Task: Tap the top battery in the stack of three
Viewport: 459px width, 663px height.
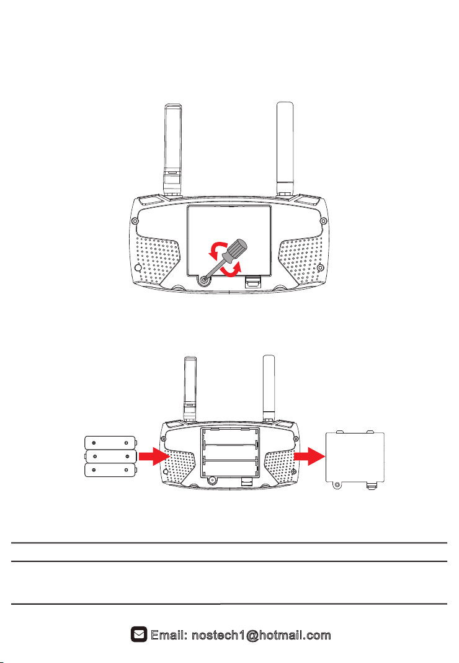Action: (x=109, y=443)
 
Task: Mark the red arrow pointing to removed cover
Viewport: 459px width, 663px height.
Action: (x=308, y=457)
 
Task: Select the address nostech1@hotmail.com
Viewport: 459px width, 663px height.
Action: (x=261, y=635)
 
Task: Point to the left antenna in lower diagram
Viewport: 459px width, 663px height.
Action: (x=190, y=385)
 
